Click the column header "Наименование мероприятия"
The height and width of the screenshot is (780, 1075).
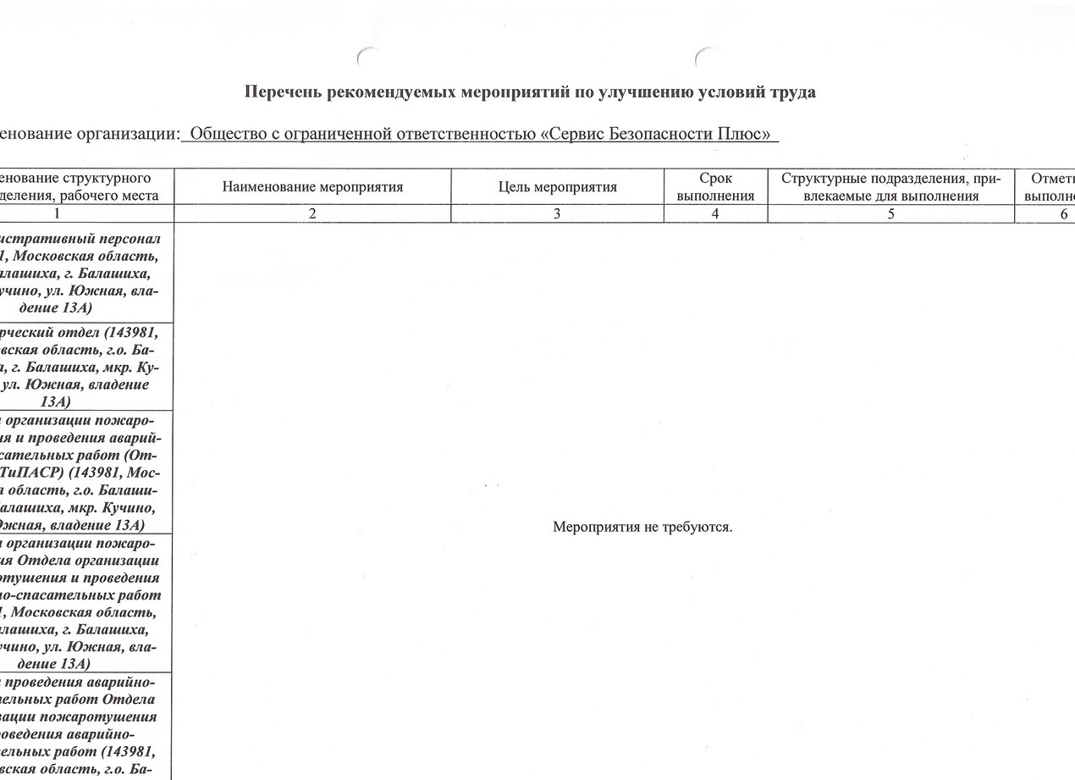[x=312, y=187]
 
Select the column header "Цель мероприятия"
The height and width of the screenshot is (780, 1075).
[x=557, y=187]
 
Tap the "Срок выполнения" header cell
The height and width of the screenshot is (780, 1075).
[x=715, y=187]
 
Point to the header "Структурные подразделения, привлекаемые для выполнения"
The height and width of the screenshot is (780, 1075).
[x=890, y=187]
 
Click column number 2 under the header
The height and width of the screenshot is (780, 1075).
[x=312, y=214]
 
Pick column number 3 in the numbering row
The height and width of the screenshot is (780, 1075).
[x=557, y=214]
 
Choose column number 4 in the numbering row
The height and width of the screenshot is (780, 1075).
[x=715, y=214]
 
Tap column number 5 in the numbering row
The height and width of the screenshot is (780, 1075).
[x=890, y=214]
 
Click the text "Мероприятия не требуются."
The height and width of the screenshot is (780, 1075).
[x=642, y=527]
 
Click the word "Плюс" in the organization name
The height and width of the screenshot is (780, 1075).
[x=748, y=135]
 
